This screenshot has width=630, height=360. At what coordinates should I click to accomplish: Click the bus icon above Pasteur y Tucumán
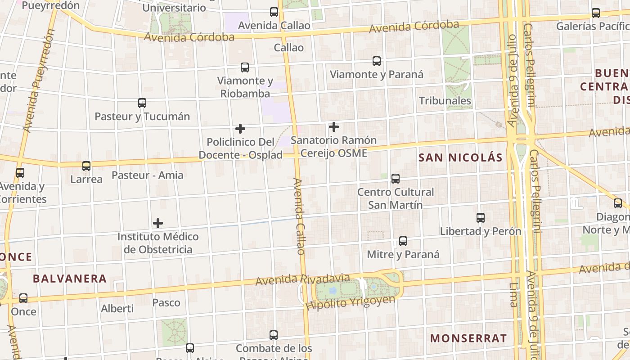pyautogui.click(x=142, y=103)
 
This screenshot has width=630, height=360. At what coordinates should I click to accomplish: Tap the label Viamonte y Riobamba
pyautogui.click(x=245, y=87)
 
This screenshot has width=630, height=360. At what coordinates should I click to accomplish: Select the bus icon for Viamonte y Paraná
pyautogui.click(x=377, y=61)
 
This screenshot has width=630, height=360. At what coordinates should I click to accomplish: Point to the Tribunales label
pyautogui.click(x=445, y=101)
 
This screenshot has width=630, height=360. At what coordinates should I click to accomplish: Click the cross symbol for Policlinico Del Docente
pyautogui.click(x=240, y=129)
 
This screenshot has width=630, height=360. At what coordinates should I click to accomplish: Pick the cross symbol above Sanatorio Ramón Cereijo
pyautogui.click(x=334, y=127)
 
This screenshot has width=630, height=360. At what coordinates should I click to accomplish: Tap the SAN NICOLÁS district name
pyautogui.click(x=460, y=157)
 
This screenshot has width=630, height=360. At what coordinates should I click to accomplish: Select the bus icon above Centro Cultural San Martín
pyautogui.click(x=396, y=179)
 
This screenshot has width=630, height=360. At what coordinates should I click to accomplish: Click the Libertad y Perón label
pyautogui.click(x=481, y=231)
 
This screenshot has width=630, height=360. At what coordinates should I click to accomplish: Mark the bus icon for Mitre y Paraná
pyautogui.click(x=403, y=241)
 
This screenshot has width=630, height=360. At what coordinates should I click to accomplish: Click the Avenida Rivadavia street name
pyautogui.click(x=302, y=279)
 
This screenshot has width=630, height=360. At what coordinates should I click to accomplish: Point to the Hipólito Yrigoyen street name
pyautogui.click(x=350, y=303)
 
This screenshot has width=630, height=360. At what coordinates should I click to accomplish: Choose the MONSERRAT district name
pyautogui.click(x=468, y=338)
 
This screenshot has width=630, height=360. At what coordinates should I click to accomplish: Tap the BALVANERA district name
pyautogui.click(x=70, y=279)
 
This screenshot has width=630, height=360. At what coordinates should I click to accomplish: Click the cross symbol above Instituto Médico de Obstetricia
pyautogui.click(x=158, y=223)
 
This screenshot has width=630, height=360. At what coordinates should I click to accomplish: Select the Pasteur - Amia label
pyautogui.click(x=147, y=175)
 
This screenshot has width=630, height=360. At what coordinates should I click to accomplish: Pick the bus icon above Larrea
pyautogui.click(x=86, y=166)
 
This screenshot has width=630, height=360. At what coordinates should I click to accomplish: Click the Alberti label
pyautogui.click(x=117, y=309)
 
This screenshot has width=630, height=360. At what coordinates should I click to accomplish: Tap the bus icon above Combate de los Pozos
pyautogui.click(x=274, y=335)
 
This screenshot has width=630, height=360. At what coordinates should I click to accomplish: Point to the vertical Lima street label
pyautogui.click(x=514, y=295)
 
